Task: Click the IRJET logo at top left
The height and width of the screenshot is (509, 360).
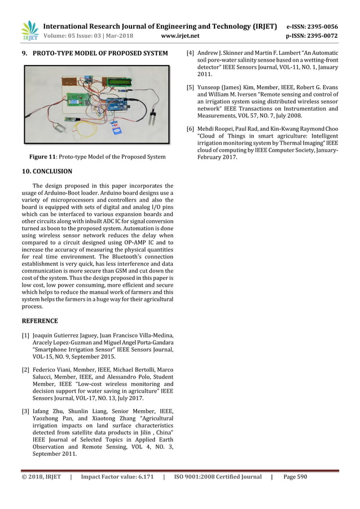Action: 29,31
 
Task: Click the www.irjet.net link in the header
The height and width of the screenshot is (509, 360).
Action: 180,36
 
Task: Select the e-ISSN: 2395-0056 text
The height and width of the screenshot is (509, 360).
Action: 312,26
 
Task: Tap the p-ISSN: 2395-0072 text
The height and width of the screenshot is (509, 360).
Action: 312,36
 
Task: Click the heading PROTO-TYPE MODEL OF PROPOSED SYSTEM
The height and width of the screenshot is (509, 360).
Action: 100,54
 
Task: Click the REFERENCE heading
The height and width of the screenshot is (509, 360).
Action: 39,321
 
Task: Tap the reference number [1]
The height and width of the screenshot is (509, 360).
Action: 25,336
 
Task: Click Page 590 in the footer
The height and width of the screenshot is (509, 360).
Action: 295,477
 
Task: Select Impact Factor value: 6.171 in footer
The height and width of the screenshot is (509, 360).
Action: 117,477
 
